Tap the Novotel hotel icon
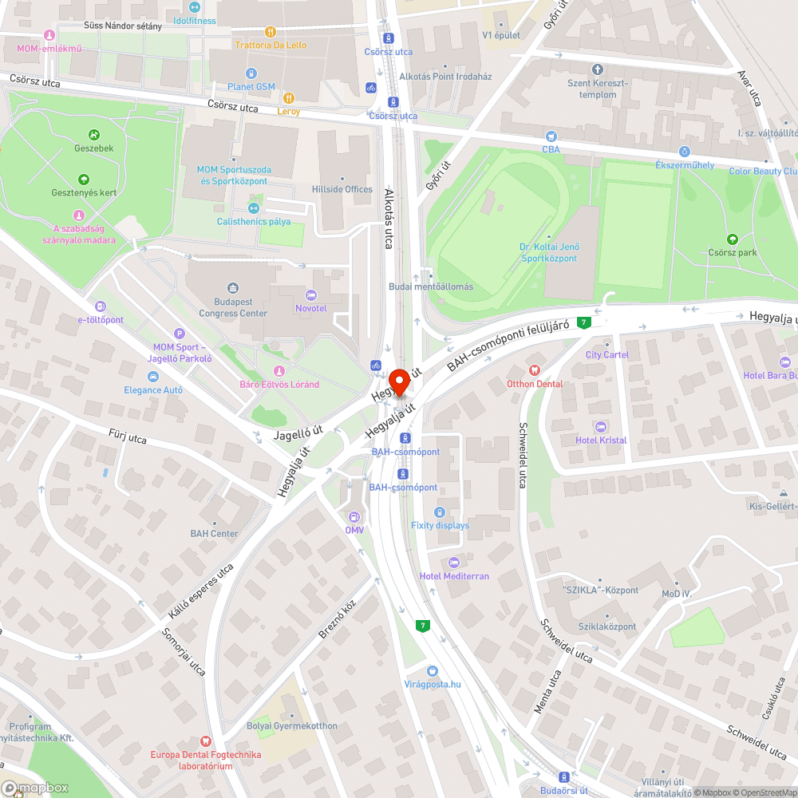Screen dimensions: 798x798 click(x=311, y=295)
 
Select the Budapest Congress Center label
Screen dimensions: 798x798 click(x=233, y=308)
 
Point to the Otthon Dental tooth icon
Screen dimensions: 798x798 click(x=535, y=370)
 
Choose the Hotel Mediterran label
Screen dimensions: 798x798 click(x=455, y=576)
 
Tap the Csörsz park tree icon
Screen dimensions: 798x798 click(x=733, y=239)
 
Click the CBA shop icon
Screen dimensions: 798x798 click(x=551, y=136)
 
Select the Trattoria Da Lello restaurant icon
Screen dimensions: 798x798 click(x=271, y=31)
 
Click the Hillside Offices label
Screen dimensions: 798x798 click(x=342, y=189)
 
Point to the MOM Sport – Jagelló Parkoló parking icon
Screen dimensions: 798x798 click(x=180, y=334)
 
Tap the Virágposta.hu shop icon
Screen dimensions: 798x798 click(x=432, y=671)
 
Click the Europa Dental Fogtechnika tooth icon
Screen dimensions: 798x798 click(x=207, y=741)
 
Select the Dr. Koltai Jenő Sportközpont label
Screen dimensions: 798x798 click(x=550, y=252)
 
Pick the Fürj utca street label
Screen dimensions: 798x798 click(x=128, y=438)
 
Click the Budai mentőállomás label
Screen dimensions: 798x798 click(x=431, y=286)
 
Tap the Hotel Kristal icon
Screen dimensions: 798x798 click(x=601, y=427)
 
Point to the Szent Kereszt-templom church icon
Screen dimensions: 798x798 click(x=598, y=69)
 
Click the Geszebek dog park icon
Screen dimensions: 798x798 click(x=94, y=135)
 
